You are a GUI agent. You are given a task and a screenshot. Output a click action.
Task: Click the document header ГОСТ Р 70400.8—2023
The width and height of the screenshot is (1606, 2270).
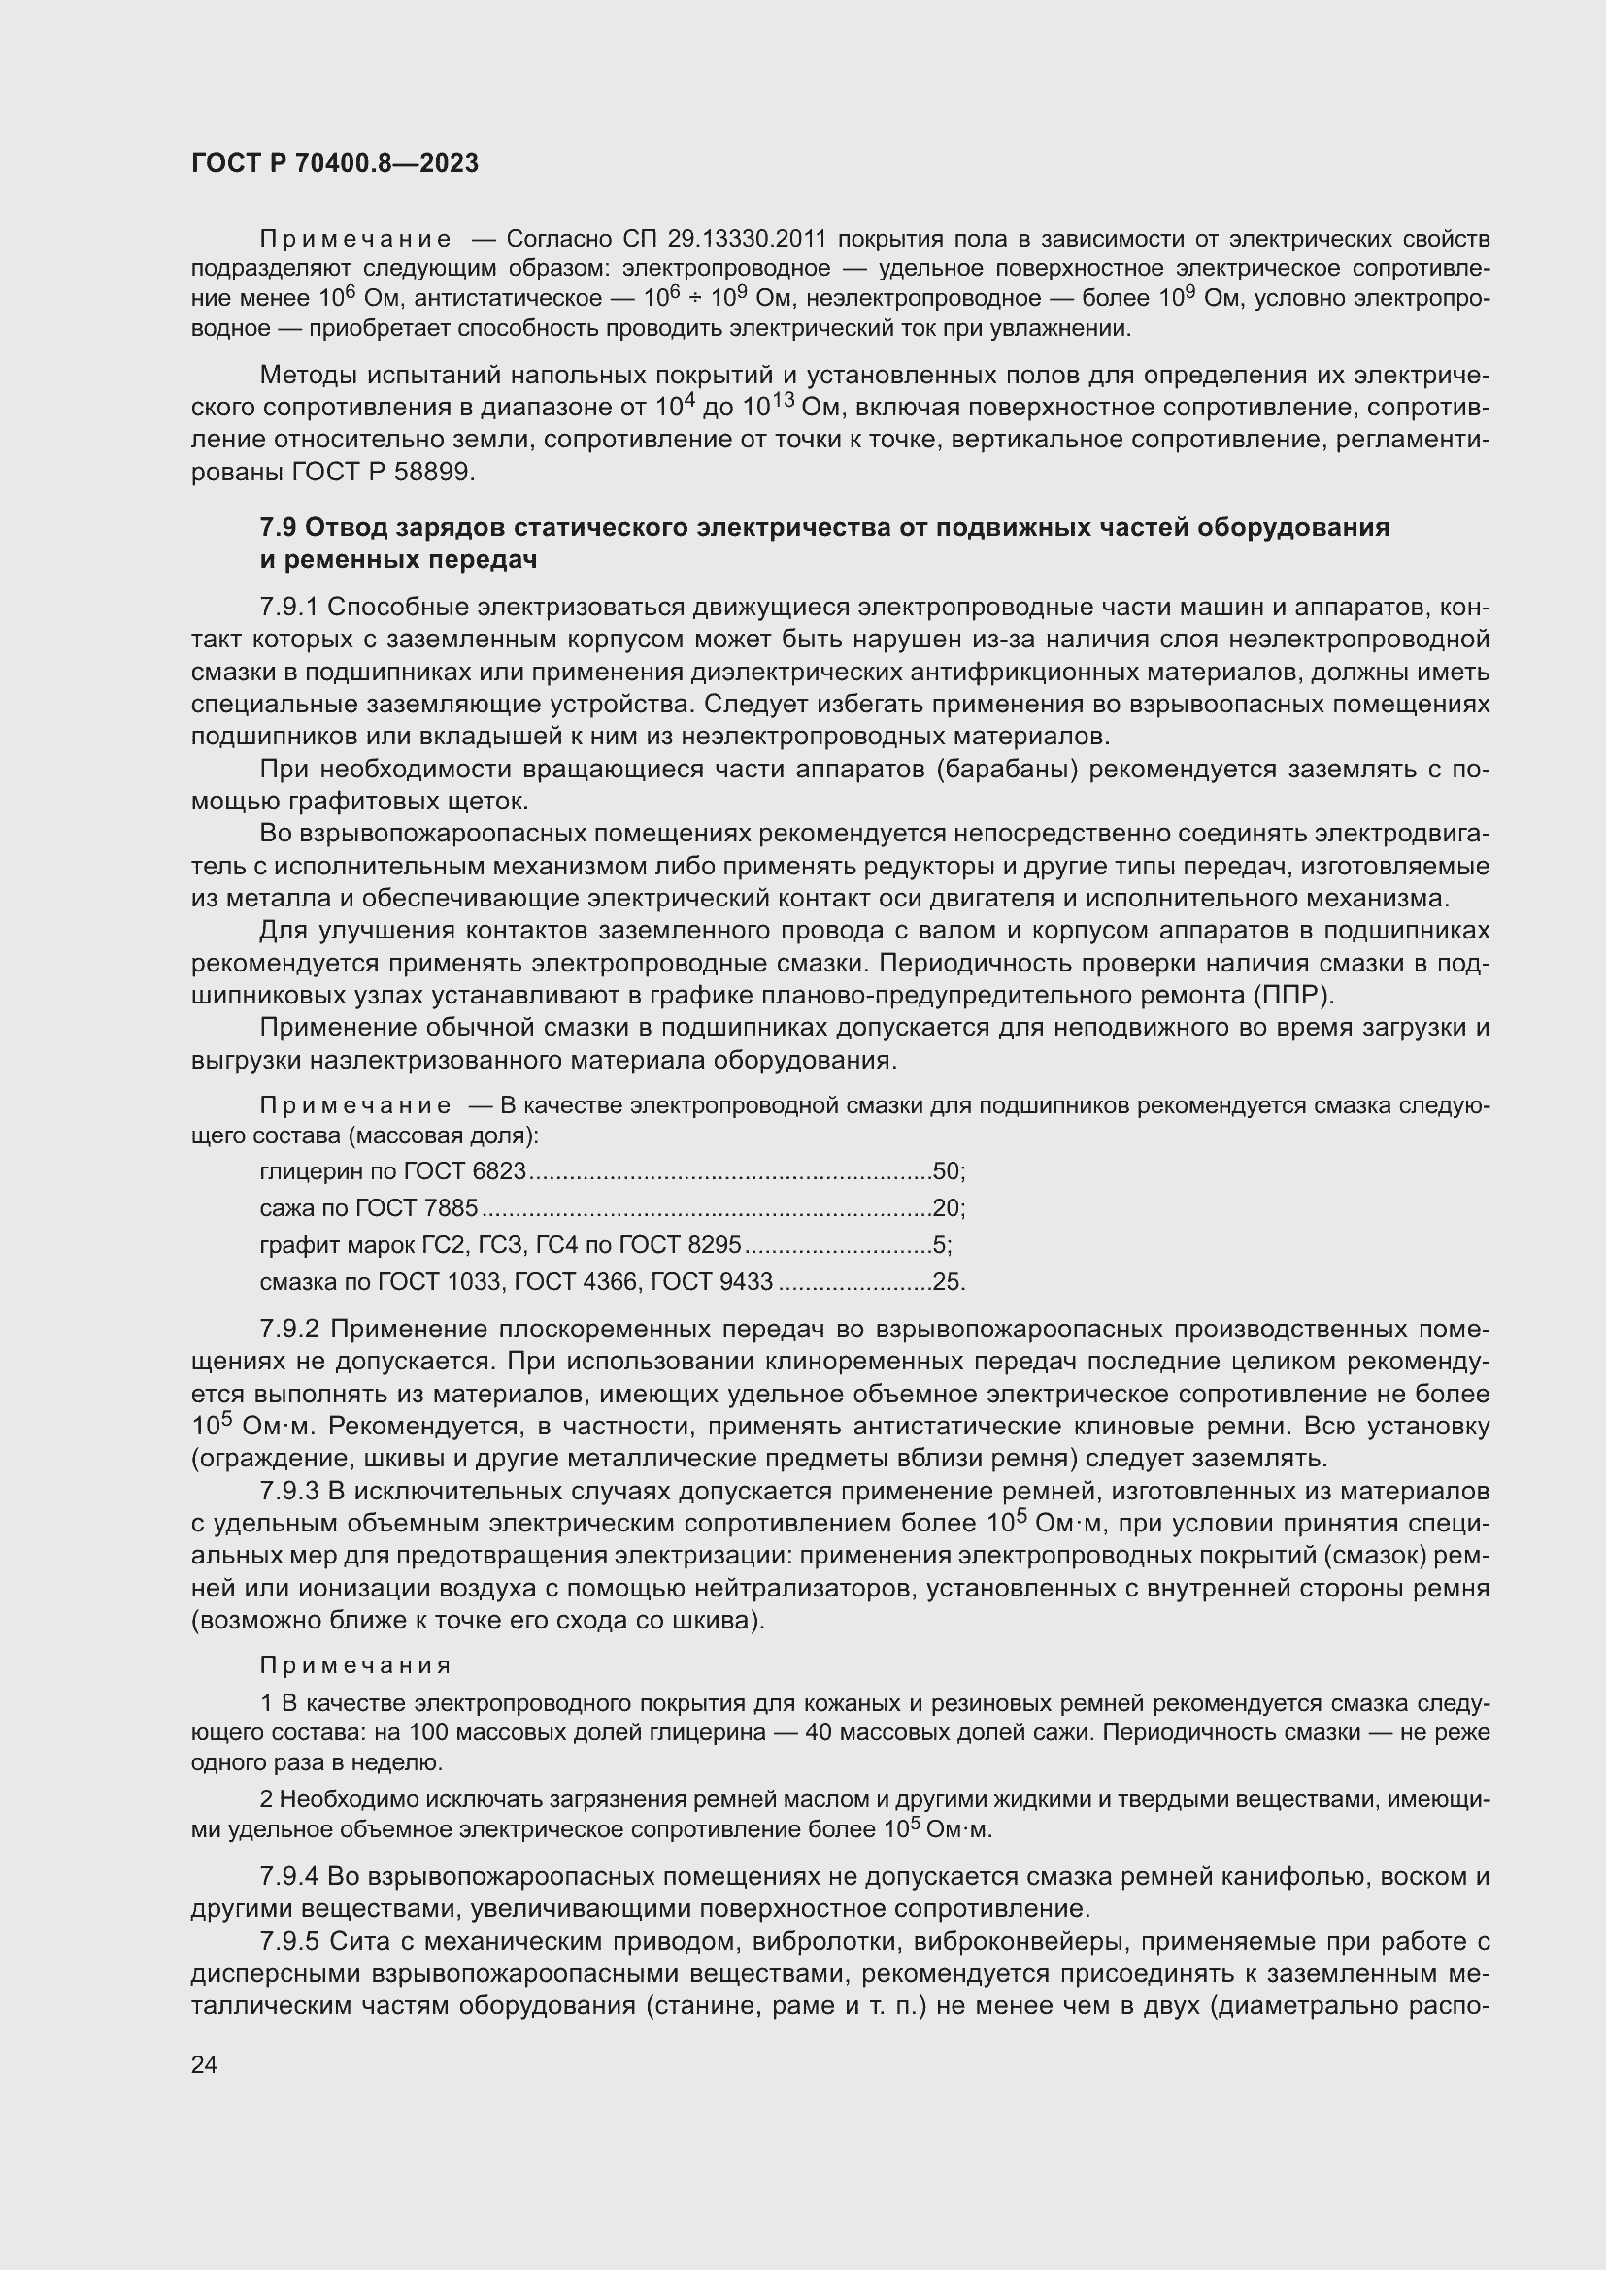[x=334, y=163]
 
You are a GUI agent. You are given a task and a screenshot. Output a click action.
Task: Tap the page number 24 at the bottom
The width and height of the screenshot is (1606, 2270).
[x=204, y=2064]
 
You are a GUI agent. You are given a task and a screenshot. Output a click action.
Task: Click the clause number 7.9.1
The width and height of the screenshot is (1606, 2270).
[x=288, y=607]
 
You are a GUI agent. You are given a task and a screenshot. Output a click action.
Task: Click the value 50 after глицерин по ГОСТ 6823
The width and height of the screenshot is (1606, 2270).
[x=947, y=1171]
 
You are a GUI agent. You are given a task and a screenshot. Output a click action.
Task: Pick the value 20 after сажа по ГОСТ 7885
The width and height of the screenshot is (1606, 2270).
[x=947, y=1208]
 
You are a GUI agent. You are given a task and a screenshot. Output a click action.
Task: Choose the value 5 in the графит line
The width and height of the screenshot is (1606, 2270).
[x=940, y=1245]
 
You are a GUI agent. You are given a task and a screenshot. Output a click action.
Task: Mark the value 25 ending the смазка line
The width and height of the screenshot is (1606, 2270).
[x=947, y=1282]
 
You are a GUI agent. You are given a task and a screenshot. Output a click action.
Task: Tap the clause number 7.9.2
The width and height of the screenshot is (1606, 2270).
[x=288, y=1329]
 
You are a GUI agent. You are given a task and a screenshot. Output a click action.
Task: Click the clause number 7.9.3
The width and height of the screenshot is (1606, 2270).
[x=288, y=1490]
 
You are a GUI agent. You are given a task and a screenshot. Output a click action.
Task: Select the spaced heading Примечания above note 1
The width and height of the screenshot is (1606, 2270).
[x=355, y=1666]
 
